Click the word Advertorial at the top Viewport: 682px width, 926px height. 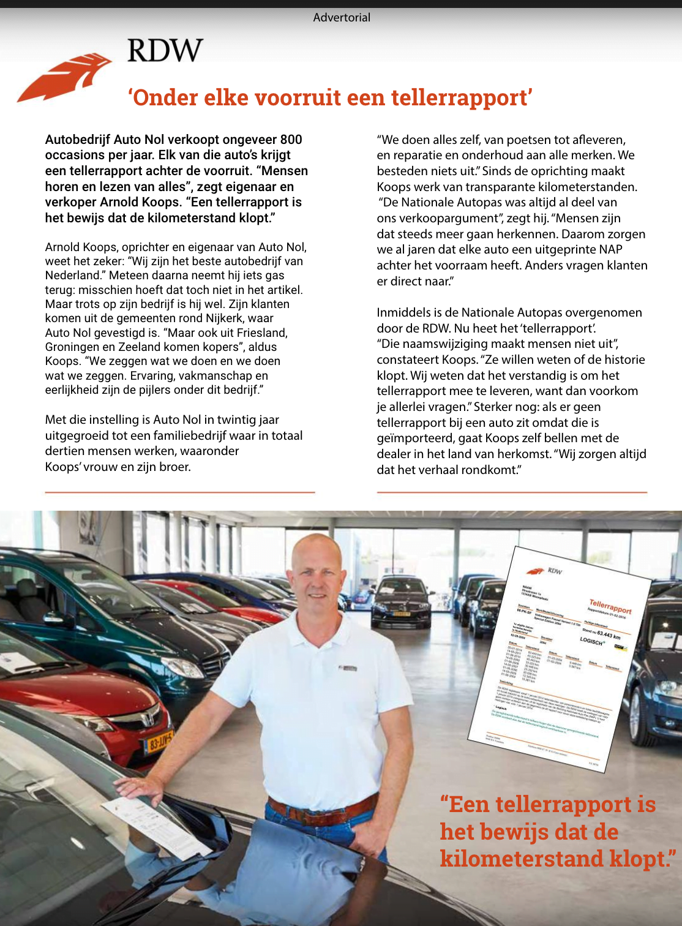point(342,18)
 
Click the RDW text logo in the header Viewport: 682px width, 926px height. point(165,50)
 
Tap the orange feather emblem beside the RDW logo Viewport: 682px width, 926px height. point(65,77)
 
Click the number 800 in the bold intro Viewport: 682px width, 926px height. point(291,140)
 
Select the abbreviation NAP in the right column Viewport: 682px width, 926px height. point(610,250)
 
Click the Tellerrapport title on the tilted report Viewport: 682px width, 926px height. point(610,606)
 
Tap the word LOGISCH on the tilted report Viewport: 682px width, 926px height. point(592,640)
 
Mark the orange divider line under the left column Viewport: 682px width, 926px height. point(180,492)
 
